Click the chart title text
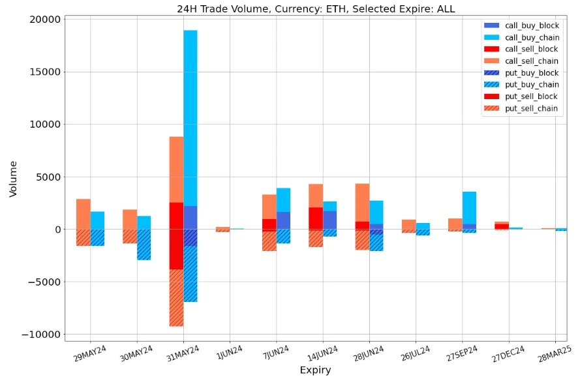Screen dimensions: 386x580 coord(316,9)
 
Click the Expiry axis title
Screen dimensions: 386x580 coord(315,370)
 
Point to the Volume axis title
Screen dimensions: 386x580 coord(13,179)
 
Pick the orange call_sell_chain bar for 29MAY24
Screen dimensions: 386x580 coord(84,214)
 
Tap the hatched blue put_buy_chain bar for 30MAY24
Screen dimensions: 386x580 coord(144,245)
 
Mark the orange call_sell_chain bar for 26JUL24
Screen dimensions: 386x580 coord(408,224)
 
